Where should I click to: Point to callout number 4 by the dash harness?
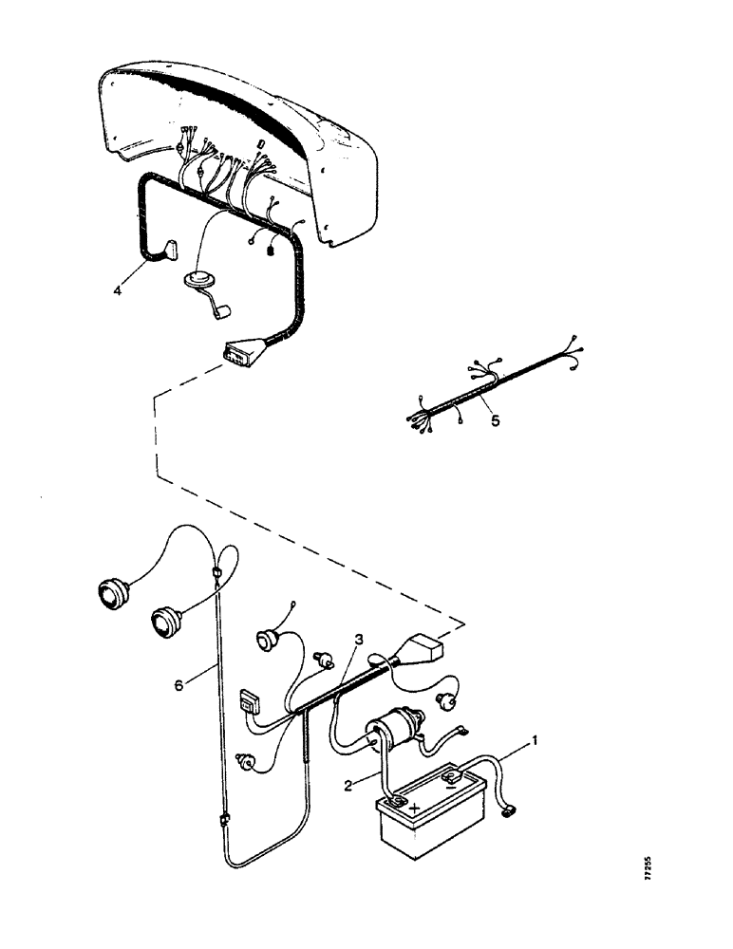point(118,290)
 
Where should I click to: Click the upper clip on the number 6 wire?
point(217,572)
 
